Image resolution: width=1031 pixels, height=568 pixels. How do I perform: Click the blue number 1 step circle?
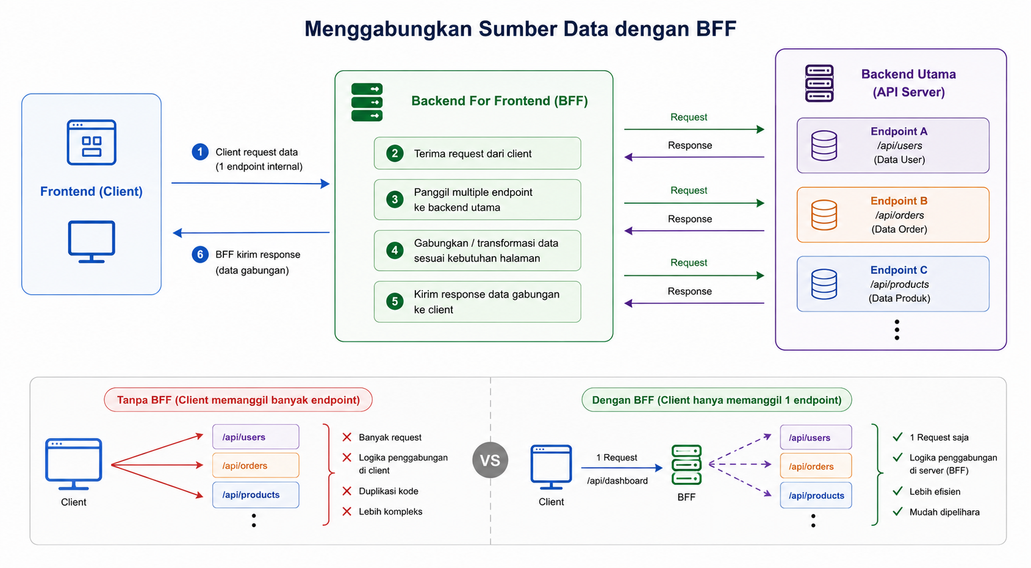point(199,152)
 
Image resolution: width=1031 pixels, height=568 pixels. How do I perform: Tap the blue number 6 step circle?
point(199,254)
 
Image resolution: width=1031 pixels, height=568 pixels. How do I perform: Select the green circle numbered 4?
point(395,250)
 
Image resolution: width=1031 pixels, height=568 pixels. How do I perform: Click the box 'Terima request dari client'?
point(477,153)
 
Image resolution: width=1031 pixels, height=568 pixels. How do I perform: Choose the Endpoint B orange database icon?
point(824,215)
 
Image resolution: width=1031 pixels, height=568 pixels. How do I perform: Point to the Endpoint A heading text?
point(899,131)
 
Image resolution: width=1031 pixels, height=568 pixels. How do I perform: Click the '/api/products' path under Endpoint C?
point(899,284)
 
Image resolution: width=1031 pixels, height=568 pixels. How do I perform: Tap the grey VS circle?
point(490,460)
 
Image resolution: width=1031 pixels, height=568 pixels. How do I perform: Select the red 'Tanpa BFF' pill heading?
point(238,400)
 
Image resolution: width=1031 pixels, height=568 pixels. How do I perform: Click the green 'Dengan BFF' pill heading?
point(717,400)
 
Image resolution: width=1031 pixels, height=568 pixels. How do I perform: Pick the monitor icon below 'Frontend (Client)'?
point(92,242)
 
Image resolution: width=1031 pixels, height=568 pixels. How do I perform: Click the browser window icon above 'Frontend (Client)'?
point(92,142)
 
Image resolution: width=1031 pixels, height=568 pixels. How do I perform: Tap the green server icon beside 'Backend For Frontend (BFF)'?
point(367,102)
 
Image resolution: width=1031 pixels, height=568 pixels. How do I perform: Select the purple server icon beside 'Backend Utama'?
point(819,84)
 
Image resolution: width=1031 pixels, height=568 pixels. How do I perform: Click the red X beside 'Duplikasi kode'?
point(347,491)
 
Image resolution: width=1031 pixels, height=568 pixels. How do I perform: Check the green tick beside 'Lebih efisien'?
point(897,491)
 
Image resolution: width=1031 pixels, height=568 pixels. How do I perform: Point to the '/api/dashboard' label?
point(617,481)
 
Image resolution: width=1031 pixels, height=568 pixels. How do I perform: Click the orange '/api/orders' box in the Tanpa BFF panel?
point(256,466)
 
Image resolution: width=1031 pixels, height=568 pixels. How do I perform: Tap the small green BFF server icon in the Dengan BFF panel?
point(686,464)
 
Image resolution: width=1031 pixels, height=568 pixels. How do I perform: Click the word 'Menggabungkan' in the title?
point(389,29)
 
